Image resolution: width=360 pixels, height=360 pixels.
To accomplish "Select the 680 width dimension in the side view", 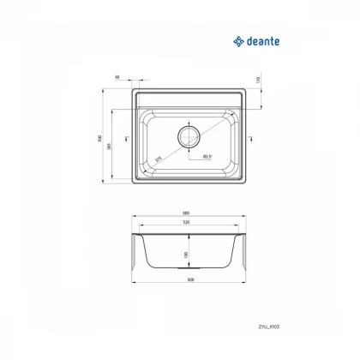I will pos(188,214).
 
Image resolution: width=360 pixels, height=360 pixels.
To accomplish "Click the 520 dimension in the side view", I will pos(188,223).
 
